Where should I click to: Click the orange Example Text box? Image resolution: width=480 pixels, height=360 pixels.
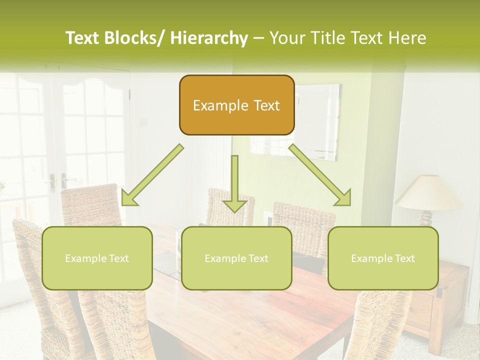[236, 105]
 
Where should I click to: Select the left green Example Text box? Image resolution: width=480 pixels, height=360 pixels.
[97, 258]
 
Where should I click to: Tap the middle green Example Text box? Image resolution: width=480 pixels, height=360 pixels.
[236, 258]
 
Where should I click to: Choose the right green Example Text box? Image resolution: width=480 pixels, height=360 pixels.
[383, 258]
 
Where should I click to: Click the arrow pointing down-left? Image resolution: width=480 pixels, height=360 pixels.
[152, 175]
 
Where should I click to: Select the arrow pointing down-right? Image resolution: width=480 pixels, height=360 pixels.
[320, 175]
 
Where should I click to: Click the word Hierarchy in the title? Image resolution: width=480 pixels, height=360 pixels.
[209, 38]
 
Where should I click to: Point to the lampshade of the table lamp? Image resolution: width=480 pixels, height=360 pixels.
[429, 192]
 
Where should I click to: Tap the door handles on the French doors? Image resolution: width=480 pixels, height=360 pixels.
[58, 180]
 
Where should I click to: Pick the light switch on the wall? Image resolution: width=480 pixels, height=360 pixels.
[145, 121]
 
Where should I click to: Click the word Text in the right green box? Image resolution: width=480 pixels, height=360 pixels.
[404, 258]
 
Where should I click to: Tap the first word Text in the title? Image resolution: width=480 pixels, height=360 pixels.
[82, 38]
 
